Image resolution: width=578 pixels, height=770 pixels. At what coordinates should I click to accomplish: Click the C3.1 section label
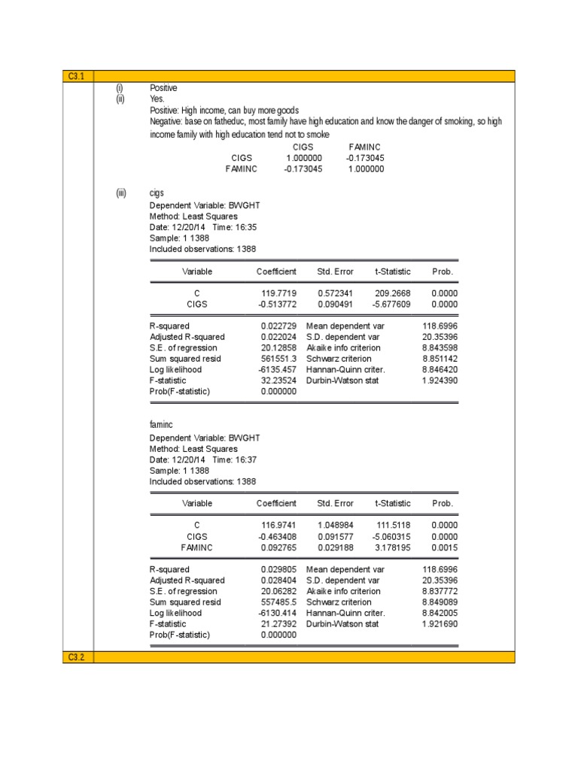tap(78, 76)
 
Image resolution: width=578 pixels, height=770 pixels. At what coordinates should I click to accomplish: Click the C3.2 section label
tap(78, 657)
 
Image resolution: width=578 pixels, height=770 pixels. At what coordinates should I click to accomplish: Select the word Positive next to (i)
tap(163, 88)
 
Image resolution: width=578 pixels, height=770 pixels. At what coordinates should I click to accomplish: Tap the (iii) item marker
tap(121, 193)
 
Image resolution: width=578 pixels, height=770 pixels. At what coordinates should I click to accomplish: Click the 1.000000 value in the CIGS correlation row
tap(304, 158)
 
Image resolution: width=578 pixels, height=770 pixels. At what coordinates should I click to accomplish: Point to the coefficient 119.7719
tap(278, 293)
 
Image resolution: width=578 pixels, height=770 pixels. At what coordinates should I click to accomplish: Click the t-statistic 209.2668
tap(393, 293)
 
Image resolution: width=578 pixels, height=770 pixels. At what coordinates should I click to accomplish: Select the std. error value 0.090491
tap(335, 304)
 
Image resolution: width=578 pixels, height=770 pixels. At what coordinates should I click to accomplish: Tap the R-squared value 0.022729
tap(278, 326)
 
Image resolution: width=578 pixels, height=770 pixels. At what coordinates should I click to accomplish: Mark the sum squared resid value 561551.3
tap(278, 359)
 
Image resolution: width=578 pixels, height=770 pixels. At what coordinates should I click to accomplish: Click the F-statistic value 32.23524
tap(278, 380)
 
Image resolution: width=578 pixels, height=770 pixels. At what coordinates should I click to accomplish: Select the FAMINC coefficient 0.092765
tap(278, 547)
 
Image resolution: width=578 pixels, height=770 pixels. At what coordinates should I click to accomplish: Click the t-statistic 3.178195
tap(393, 547)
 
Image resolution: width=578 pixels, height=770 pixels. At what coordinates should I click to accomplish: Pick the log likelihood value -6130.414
tap(278, 613)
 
